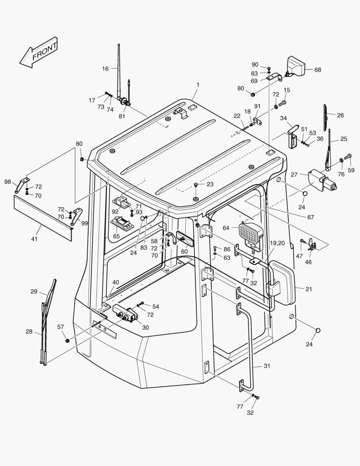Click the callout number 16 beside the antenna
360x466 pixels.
[105, 69]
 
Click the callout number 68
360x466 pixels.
[318, 70]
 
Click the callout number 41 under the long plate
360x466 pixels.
[34, 239]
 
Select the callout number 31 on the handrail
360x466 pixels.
[267, 366]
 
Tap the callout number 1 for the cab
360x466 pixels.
[198, 85]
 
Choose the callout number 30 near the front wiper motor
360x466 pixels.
[145, 327]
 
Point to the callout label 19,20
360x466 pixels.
[277, 243]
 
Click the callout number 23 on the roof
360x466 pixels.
[210, 184]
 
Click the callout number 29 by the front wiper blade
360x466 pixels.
[34, 292]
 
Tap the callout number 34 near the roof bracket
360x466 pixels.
[283, 118]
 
